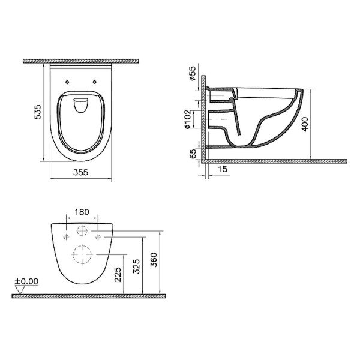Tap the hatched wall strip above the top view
[80, 61]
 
